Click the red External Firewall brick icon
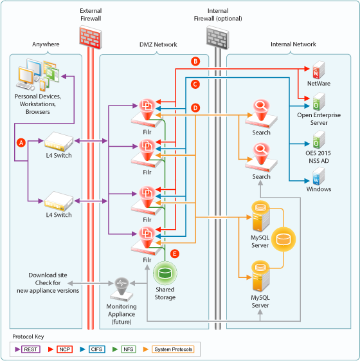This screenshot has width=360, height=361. click(91, 37)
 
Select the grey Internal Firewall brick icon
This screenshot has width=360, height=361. click(218, 37)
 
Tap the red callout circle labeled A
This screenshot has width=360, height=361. click(21, 143)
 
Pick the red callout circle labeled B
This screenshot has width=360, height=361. click(195, 61)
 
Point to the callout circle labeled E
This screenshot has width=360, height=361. click(175, 254)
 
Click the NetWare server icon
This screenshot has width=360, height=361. click(319, 69)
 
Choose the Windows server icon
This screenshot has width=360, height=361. click(319, 176)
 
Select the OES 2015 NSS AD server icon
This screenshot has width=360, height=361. click(319, 140)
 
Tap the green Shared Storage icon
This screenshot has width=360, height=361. click(165, 273)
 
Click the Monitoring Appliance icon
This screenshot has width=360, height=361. click(122, 290)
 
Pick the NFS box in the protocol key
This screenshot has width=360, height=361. click(129, 349)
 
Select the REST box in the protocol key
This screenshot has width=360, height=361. click(31, 349)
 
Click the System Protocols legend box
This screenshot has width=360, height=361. click(173, 349)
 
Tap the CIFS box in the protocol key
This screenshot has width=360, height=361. click(96, 349)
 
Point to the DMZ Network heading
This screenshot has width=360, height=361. click(158, 44)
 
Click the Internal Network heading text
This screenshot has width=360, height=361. click(293, 44)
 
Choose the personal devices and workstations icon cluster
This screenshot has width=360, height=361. click(38, 75)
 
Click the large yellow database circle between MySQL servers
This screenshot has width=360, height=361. click(283, 239)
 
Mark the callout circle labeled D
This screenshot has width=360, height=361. click(195, 107)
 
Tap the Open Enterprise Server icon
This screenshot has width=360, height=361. click(319, 102)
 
